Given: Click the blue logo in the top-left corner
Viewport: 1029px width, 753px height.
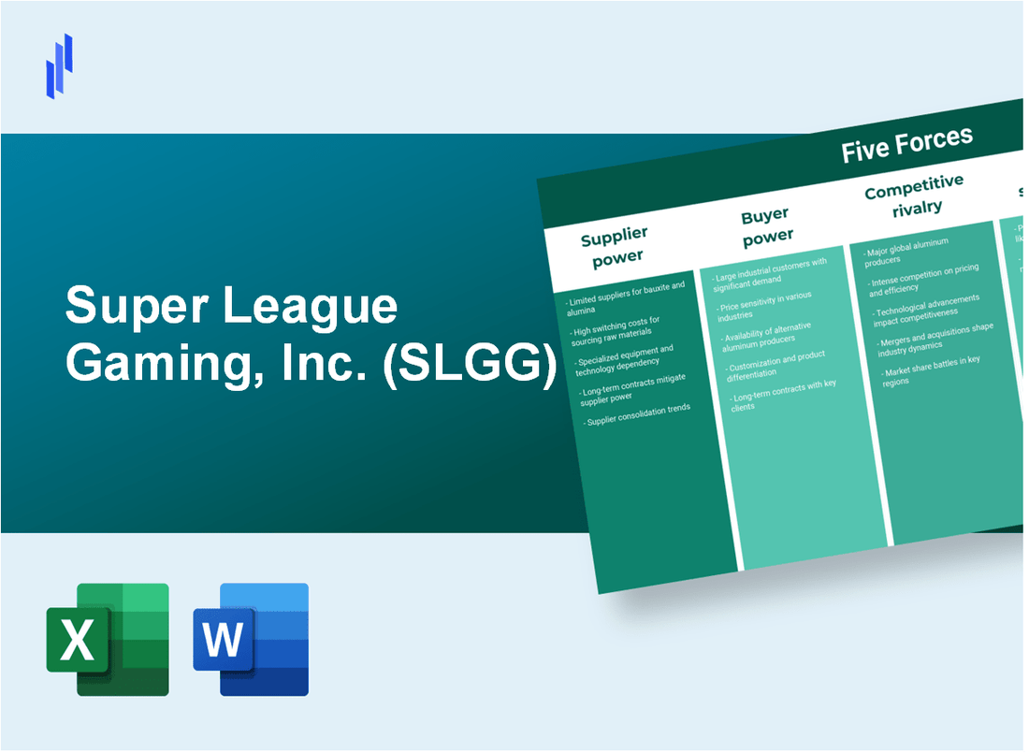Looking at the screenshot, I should click(59, 65).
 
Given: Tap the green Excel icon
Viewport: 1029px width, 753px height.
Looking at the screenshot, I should click(108, 639).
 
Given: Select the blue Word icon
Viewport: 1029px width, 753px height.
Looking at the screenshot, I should click(251, 639).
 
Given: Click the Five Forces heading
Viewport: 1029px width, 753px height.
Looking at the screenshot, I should click(906, 146).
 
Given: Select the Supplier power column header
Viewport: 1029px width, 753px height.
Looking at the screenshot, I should click(616, 246).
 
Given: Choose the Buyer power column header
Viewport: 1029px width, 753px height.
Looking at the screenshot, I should click(766, 226).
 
